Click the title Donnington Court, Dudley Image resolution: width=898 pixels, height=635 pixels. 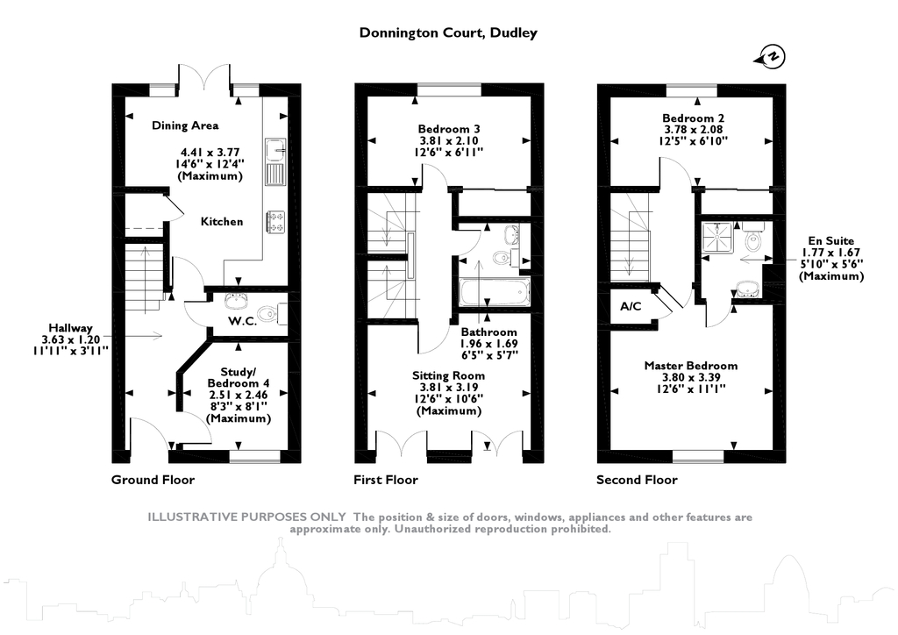tap(448, 33)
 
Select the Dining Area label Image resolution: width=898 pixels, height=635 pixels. tap(185, 125)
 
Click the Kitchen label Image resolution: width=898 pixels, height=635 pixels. tap(222, 222)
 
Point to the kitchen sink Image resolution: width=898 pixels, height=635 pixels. tap(275, 161)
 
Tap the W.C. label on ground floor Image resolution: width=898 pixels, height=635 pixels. tap(242, 321)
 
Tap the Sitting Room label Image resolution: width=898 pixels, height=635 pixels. tap(448, 375)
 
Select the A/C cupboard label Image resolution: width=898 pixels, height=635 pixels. tap(631, 306)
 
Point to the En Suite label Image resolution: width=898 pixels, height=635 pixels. tap(830, 239)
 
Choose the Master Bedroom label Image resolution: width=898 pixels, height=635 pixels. tap(690, 366)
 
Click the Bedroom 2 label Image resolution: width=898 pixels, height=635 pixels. tap(693, 118)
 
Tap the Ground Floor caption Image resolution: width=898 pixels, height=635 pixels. tap(153, 480)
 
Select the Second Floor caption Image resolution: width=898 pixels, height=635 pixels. tap(637, 480)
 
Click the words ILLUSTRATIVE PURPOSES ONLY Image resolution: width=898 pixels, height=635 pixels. tap(246, 517)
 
